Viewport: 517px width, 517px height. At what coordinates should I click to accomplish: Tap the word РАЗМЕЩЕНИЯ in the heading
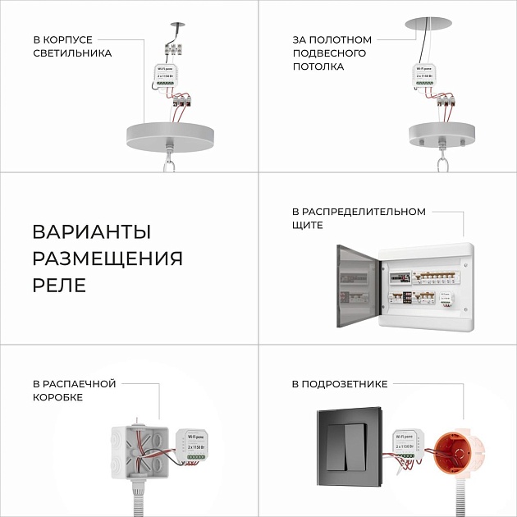point(108,258)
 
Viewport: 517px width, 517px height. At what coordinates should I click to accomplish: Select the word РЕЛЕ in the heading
point(59,286)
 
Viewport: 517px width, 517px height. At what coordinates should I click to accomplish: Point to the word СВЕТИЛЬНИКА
point(72,53)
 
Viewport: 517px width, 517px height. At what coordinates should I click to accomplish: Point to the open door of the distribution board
point(359,287)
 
